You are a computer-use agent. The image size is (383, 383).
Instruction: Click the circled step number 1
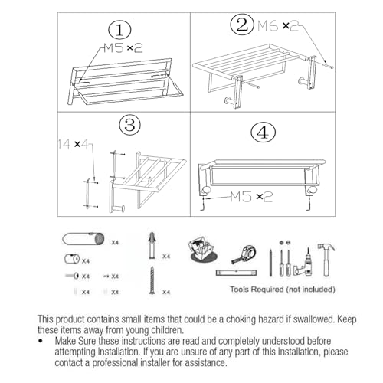click(119, 31)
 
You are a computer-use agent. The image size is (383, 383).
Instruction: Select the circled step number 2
click(242, 25)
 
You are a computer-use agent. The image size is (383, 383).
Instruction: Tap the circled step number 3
click(128, 125)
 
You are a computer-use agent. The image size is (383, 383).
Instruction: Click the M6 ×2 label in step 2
click(277, 25)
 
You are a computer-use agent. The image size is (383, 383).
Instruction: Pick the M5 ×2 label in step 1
click(124, 48)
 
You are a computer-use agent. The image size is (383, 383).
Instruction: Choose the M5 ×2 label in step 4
click(251, 197)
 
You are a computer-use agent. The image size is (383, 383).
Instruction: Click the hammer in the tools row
click(327, 257)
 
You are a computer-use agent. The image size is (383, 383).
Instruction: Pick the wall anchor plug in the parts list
click(152, 246)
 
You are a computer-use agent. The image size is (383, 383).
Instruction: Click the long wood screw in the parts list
click(152, 280)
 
